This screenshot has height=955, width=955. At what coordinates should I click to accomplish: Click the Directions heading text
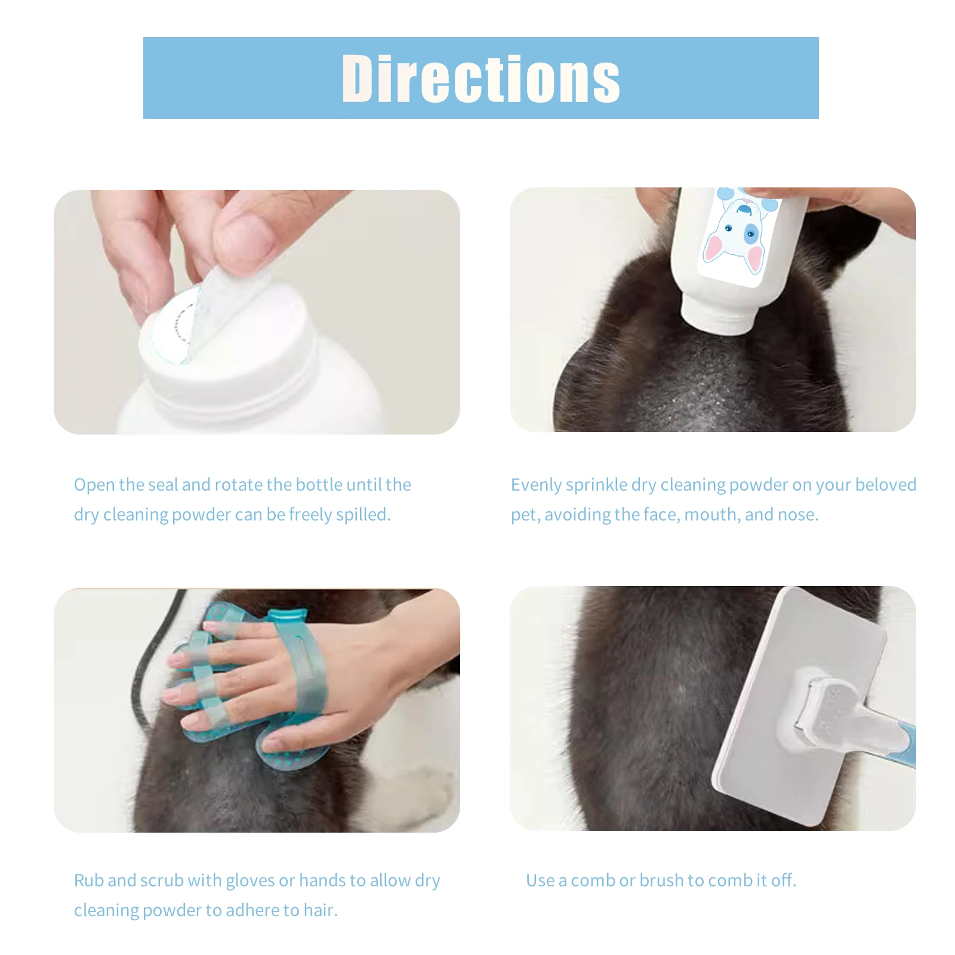click(480, 79)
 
